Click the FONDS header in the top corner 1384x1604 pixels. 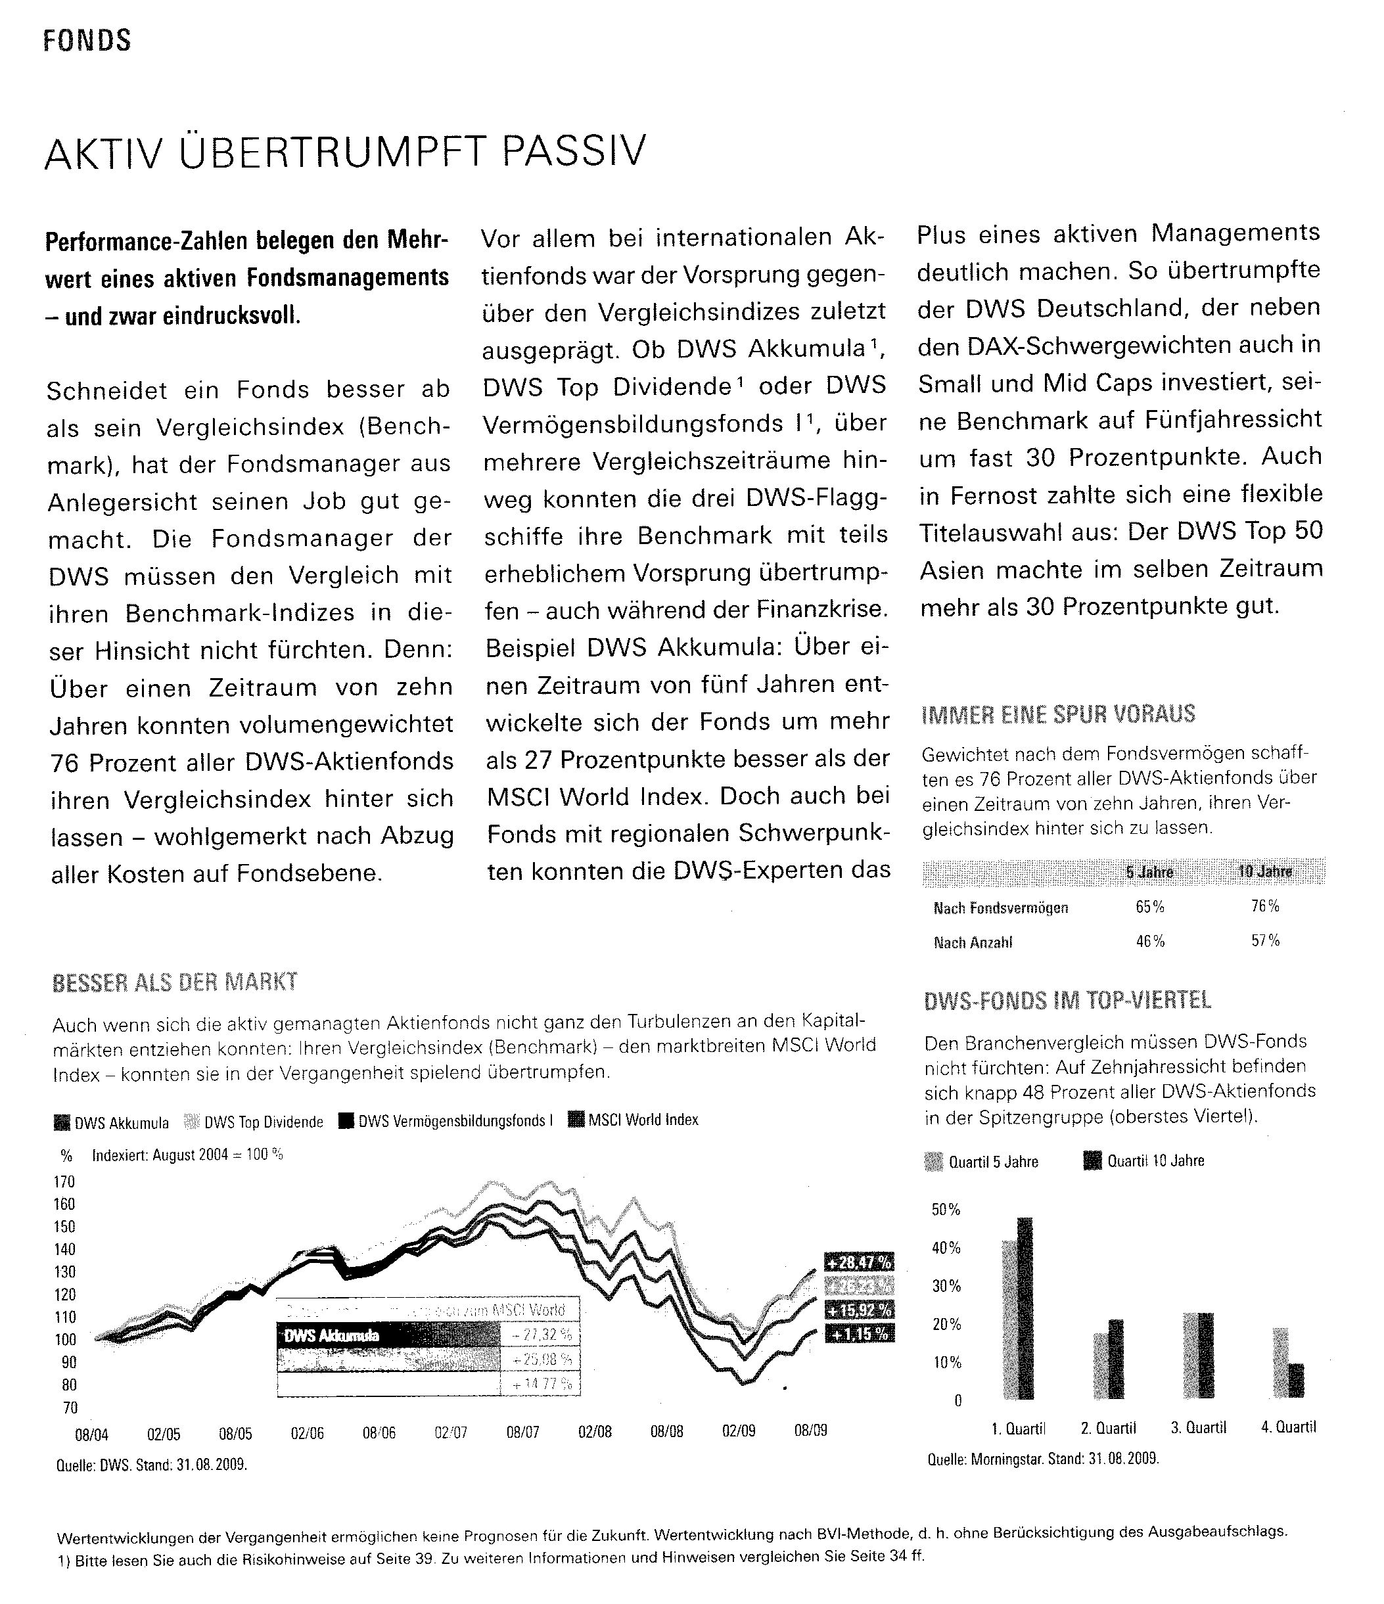point(87,40)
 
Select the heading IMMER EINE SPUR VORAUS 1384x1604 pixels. point(1058,714)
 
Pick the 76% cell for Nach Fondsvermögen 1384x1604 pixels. point(1265,905)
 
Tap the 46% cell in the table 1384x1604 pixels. point(1149,942)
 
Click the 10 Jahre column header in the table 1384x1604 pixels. point(1265,872)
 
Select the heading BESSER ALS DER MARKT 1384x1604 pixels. point(174,982)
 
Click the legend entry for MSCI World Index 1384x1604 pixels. point(634,1120)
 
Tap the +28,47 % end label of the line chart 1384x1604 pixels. point(859,1262)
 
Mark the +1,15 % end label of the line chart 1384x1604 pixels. point(859,1334)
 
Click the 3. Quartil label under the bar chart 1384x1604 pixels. point(1197,1427)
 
